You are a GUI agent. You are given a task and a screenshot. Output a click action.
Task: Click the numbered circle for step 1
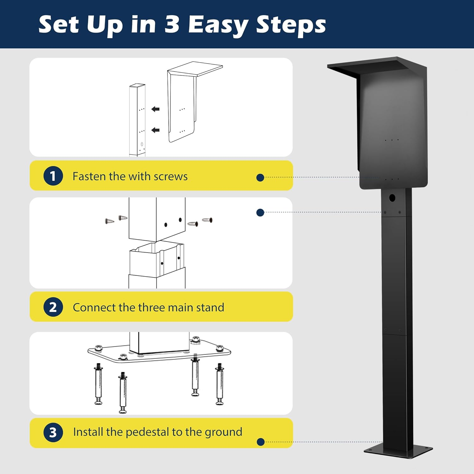(x=53, y=176)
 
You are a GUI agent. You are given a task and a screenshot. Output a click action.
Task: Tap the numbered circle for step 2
(x=53, y=307)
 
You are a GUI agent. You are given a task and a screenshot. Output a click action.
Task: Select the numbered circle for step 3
(x=53, y=432)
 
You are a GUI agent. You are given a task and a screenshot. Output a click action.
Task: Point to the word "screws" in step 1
(x=170, y=176)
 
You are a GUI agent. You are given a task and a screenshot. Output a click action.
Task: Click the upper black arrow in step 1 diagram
(x=155, y=109)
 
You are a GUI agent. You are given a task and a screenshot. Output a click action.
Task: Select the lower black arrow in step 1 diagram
(x=155, y=130)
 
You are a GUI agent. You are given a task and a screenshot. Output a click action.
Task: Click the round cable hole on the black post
(x=392, y=198)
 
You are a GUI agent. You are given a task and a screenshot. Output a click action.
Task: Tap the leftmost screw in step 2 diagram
(x=109, y=221)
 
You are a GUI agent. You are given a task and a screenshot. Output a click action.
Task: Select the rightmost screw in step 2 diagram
(x=207, y=220)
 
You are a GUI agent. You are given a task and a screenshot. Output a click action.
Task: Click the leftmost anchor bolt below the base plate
(x=99, y=384)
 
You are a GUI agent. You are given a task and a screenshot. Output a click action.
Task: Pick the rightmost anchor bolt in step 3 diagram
(x=220, y=384)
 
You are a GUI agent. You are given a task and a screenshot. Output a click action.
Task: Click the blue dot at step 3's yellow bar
(x=261, y=442)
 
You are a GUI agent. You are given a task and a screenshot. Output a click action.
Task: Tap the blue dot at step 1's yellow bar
(x=260, y=178)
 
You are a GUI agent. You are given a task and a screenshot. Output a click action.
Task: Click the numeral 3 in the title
(x=172, y=25)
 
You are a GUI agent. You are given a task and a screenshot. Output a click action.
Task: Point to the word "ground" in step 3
(x=224, y=432)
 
